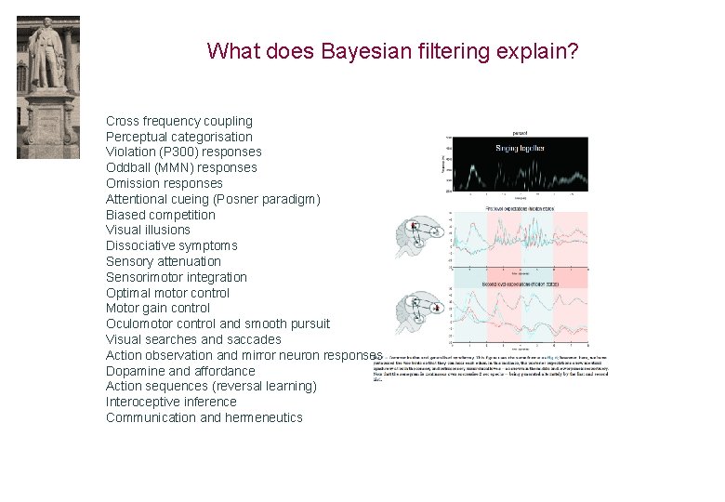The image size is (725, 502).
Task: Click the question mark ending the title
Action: [x=574, y=50]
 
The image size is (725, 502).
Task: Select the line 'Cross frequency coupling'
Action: [x=179, y=121]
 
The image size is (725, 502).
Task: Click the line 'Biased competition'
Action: [x=161, y=215]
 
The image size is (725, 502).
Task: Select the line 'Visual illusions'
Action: [x=148, y=230]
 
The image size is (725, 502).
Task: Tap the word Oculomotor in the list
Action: [x=141, y=324]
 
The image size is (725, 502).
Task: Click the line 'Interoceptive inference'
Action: [x=171, y=402]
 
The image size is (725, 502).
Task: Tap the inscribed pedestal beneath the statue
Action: [x=48, y=125]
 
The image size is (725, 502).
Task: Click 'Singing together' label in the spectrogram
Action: [x=520, y=148]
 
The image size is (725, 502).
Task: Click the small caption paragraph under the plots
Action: [x=483, y=366]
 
